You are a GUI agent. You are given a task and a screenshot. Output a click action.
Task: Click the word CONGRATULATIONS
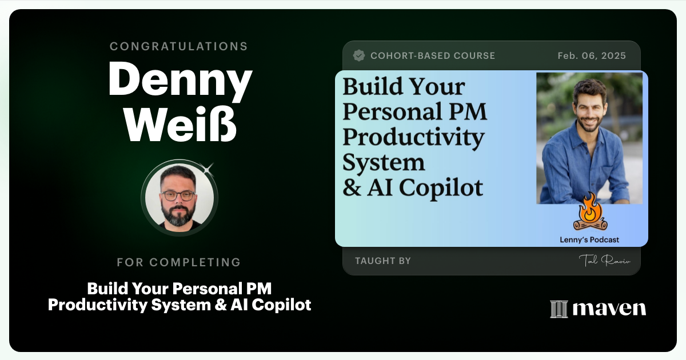(x=179, y=46)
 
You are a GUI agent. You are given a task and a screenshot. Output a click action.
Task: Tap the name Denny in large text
(x=180, y=81)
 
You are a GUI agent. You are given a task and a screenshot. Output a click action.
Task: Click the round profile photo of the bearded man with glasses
(x=179, y=198)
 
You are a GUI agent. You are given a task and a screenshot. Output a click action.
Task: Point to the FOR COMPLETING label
(x=179, y=262)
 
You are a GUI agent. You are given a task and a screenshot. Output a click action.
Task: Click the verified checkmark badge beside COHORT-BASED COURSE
(x=359, y=55)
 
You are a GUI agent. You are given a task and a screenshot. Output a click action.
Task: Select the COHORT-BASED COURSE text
(x=433, y=56)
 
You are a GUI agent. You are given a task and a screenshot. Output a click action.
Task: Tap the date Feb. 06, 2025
(x=592, y=56)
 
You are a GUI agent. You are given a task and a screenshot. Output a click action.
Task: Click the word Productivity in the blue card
(x=413, y=137)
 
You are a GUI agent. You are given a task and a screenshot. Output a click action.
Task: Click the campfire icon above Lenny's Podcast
(x=589, y=212)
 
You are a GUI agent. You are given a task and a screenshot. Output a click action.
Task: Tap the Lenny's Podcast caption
(x=589, y=240)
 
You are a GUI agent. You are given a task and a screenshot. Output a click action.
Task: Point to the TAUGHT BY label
(x=383, y=261)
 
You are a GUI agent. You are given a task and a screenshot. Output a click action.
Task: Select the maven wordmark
(x=609, y=309)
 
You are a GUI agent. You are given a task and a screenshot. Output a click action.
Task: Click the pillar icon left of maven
(x=558, y=309)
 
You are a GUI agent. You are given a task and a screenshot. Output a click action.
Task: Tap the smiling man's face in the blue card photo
(x=590, y=106)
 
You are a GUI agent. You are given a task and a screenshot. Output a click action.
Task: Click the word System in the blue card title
(x=384, y=162)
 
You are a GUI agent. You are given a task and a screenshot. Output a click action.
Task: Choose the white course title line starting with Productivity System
(x=179, y=305)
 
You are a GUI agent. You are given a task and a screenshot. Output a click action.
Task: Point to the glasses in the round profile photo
(x=178, y=195)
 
